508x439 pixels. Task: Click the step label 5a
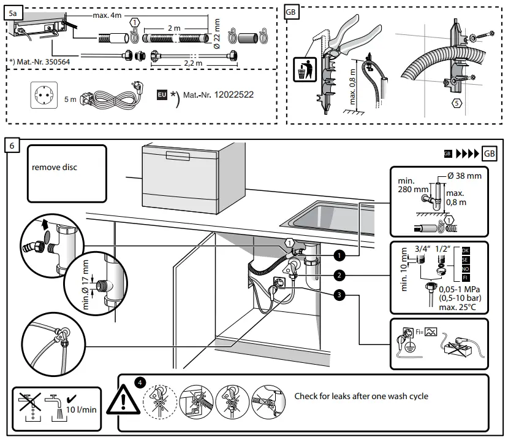point(13,14)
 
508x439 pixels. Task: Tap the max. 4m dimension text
point(107,15)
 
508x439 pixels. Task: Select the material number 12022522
point(234,95)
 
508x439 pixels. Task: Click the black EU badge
point(162,95)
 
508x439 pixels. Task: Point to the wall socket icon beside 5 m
point(44,95)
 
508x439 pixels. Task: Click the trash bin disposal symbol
point(305,69)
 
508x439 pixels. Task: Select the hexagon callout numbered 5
point(457,103)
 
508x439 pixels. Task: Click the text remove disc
point(55,167)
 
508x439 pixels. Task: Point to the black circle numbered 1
point(339,255)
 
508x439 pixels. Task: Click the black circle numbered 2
point(339,275)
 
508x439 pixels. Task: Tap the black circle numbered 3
point(339,295)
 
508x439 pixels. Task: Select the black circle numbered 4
point(140,383)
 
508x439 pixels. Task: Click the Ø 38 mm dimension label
point(464,176)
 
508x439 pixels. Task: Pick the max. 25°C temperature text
point(458,307)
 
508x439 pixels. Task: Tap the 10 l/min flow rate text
point(82,410)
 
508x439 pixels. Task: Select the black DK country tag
point(465,251)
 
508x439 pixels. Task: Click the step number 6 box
point(12,145)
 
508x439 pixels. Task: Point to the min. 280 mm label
point(413,185)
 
